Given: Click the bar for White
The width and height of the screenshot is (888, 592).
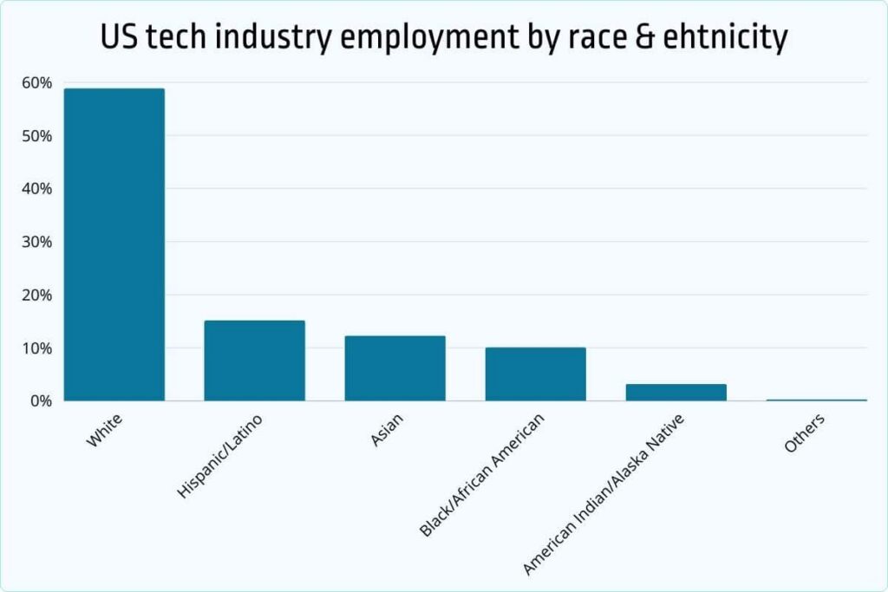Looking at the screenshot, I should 114,244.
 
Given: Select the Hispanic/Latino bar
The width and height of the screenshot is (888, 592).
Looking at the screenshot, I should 254,361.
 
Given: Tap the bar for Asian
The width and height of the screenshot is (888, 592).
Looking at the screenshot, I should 395,368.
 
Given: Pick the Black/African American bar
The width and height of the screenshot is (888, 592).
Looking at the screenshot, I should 535,374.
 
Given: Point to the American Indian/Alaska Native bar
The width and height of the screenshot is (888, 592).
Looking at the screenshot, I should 676,393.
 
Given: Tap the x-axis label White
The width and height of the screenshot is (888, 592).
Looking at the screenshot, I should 104,431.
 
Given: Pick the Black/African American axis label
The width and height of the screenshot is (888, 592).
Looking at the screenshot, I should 482,474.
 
